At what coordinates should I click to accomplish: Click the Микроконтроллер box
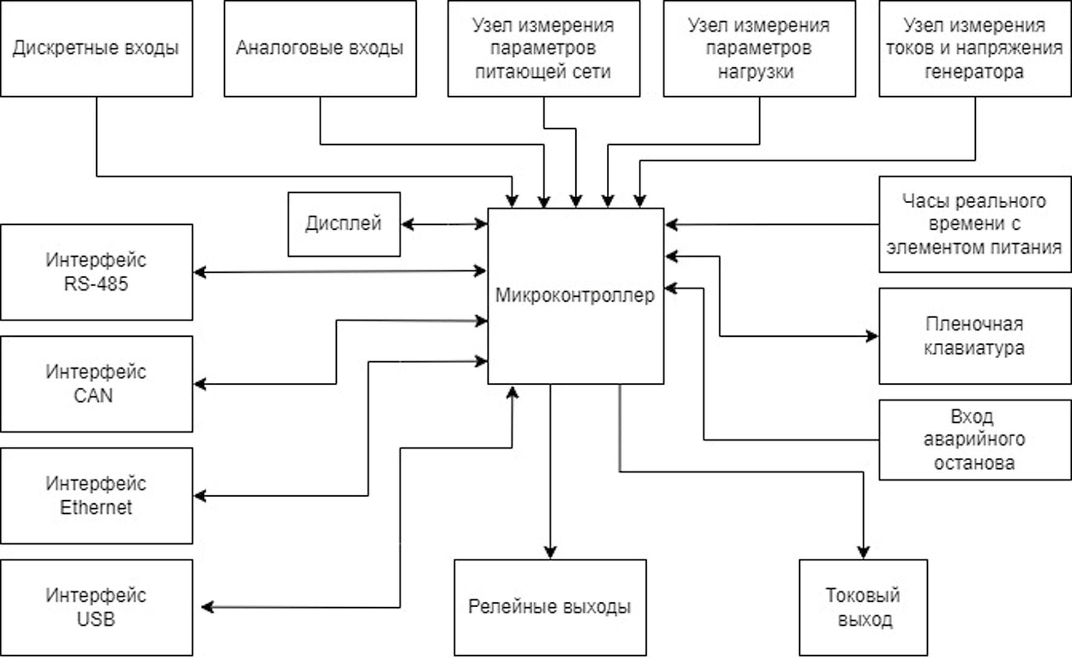pos(575,296)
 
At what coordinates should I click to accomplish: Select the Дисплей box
pos(344,224)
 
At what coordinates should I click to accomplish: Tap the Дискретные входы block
pos(96,48)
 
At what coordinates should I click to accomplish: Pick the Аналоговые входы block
pos(319,48)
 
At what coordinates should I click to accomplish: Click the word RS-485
pos(96,284)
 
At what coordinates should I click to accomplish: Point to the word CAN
pos(93,396)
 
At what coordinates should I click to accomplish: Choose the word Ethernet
pos(96,507)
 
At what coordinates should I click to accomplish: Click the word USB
pos(96,619)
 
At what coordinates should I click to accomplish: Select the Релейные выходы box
pos(549,607)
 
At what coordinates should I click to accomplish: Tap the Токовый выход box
pos(863,607)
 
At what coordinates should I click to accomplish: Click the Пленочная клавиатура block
pos(974,336)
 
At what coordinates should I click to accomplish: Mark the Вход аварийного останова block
pos(974,440)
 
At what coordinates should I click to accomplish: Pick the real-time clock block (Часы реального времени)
pos(974,224)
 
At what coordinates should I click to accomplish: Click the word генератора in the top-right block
pos(974,72)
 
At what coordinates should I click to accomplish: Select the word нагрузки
pos(756,72)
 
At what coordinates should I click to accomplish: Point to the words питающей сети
pos(543,72)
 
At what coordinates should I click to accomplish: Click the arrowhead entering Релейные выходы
pos(550,552)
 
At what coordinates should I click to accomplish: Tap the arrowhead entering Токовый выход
pos(863,552)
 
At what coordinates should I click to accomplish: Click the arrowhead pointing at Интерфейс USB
pos(208,607)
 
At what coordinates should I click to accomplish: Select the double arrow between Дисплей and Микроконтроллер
pos(444,224)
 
